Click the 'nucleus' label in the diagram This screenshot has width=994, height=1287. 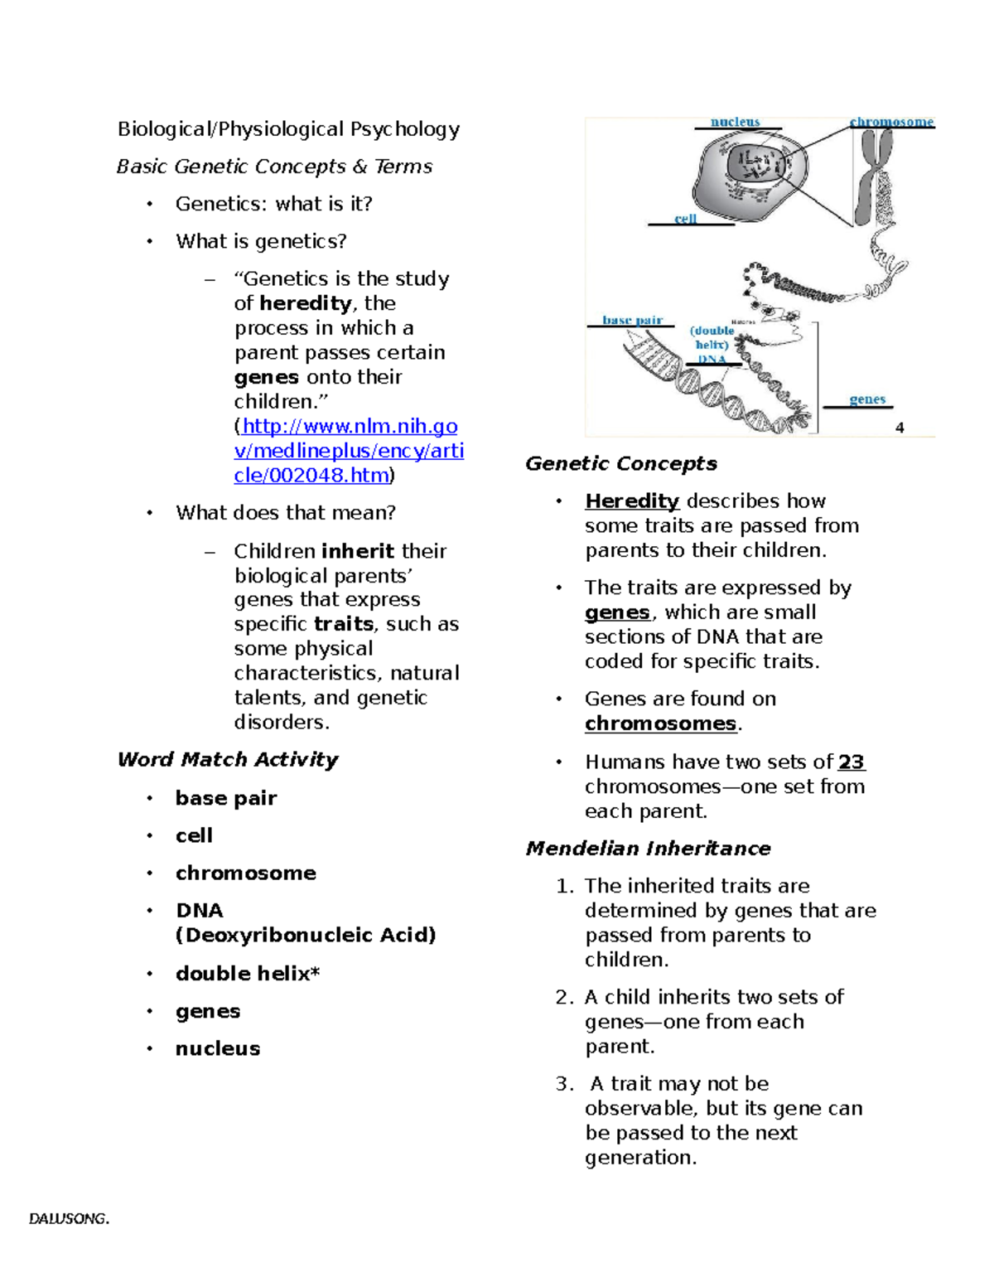(735, 122)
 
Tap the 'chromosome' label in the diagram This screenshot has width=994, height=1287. (891, 122)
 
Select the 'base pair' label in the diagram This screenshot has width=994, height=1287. (632, 320)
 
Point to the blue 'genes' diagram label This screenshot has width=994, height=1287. (867, 399)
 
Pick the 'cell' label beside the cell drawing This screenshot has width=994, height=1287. (685, 219)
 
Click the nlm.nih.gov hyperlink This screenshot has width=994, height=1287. (348, 451)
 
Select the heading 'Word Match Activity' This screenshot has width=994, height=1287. (228, 759)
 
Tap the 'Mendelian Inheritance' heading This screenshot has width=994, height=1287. (648, 849)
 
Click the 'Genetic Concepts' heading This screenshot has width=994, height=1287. (620, 463)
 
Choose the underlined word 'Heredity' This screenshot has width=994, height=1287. (631, 501)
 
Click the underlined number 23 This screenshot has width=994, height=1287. (851, 762)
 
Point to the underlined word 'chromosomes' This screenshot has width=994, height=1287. (660, 723)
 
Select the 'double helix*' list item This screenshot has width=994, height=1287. (247, 973)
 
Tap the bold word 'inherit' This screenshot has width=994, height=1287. (358, 551)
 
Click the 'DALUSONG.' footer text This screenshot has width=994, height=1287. (69, 1219)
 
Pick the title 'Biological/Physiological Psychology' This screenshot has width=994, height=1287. (288, 129)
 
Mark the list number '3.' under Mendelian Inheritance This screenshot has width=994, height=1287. (564, 1084)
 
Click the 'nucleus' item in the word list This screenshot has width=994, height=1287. (217, 1048)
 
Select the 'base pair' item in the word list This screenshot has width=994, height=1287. (225, 798)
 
